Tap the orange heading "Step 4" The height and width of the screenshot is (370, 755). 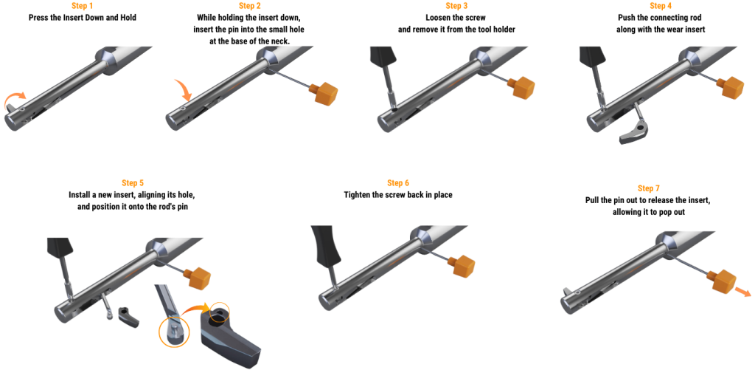[660, 6]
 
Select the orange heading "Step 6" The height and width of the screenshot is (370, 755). [398, 183]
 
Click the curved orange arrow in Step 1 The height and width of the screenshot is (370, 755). [15, 99]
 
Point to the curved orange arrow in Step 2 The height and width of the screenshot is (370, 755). [183, 89]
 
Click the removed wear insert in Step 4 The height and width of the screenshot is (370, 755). [636, 133]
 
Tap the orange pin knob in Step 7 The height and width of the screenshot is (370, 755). [722, 281]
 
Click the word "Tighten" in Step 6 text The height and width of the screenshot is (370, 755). [358, 195]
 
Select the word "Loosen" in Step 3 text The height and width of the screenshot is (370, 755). [439, 18]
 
